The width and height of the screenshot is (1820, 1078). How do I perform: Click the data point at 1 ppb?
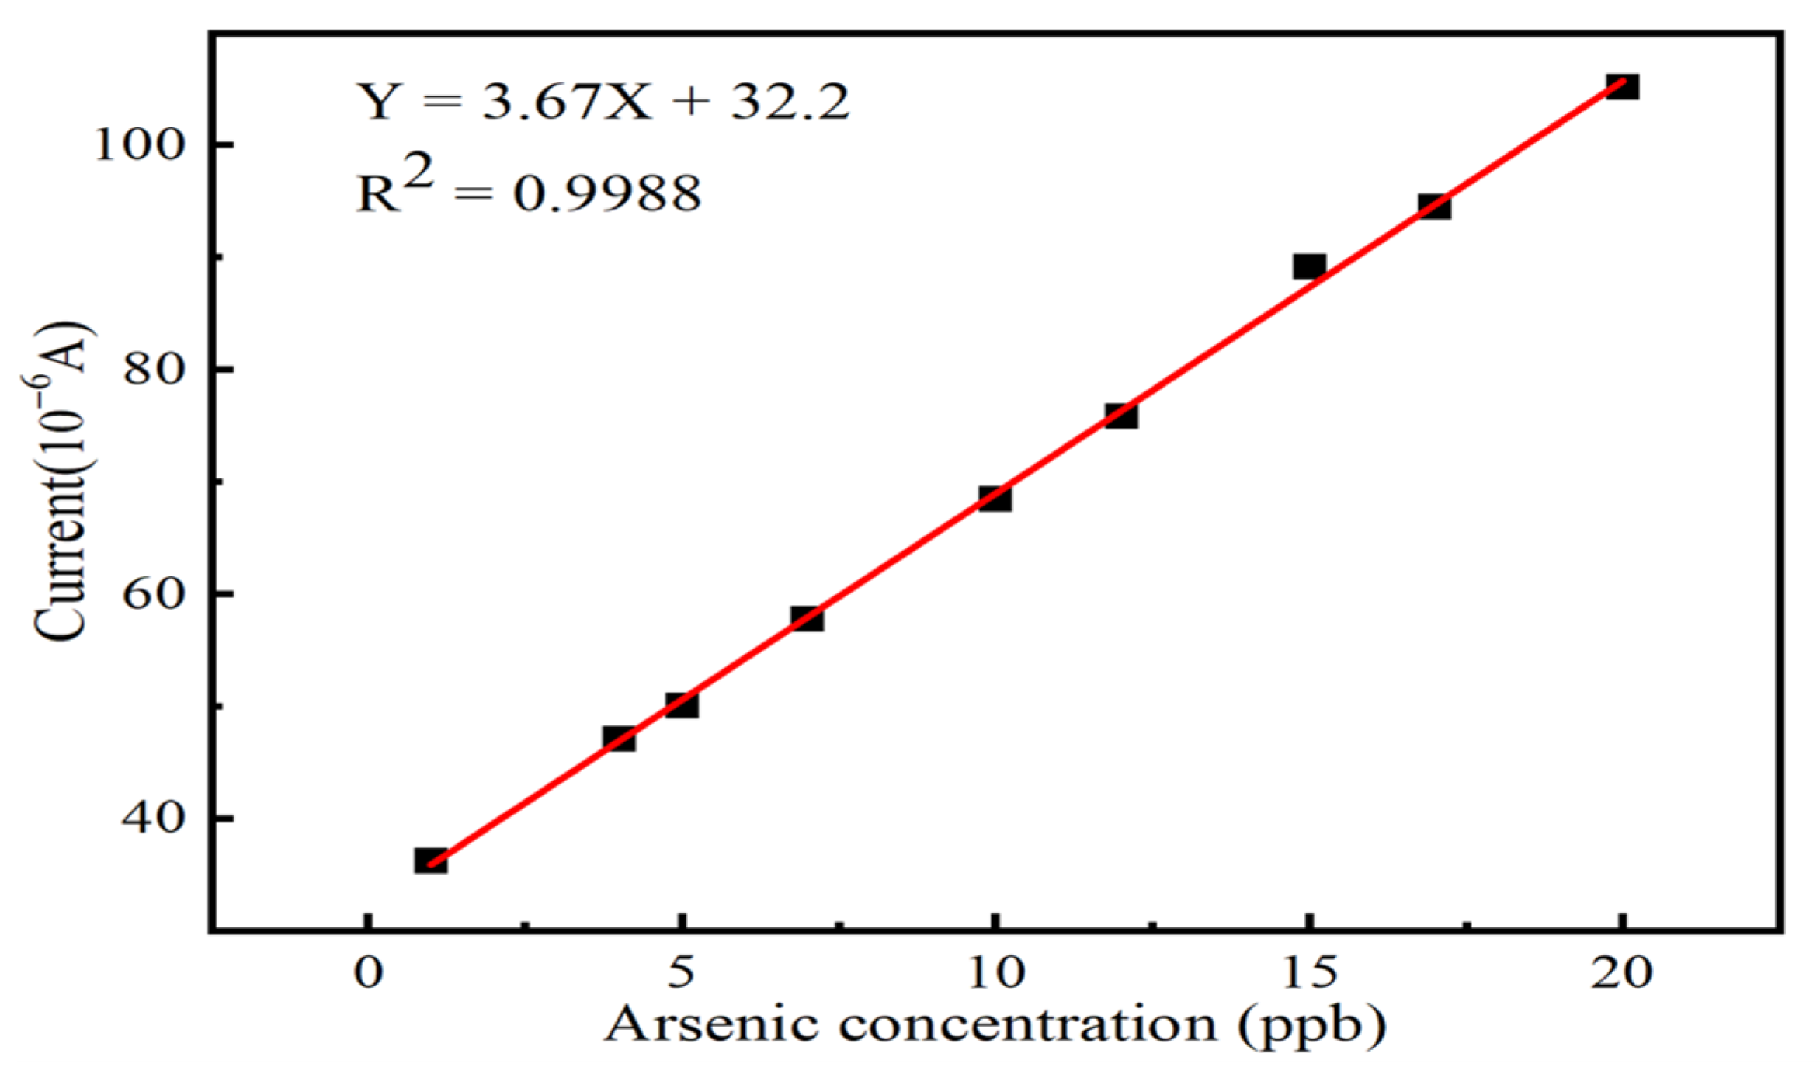pos(430,861)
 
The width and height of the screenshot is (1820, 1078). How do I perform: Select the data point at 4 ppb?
pos(619,739)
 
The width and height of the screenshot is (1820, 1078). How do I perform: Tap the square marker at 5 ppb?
pos(682,705)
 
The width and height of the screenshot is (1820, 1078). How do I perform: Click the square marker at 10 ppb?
pos(995,499)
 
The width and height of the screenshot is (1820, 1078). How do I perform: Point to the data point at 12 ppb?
pos(1121,416)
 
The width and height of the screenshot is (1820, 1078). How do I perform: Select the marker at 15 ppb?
pos(1309,266)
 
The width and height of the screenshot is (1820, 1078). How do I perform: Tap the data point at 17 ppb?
pos(1434,207)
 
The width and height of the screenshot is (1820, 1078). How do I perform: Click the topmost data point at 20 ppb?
pos(1622,86)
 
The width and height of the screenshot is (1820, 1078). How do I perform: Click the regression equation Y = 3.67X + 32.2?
pos(603,101)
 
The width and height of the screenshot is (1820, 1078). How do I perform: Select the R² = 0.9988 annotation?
pos(528,190)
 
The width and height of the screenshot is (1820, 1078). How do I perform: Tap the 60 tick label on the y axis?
pos(155,594)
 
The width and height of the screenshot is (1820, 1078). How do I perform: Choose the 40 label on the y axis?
pos(155,819)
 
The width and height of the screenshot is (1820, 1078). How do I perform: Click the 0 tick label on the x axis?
pos(369,972)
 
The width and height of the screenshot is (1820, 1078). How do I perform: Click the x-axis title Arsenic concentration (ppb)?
pos(995,1025)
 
